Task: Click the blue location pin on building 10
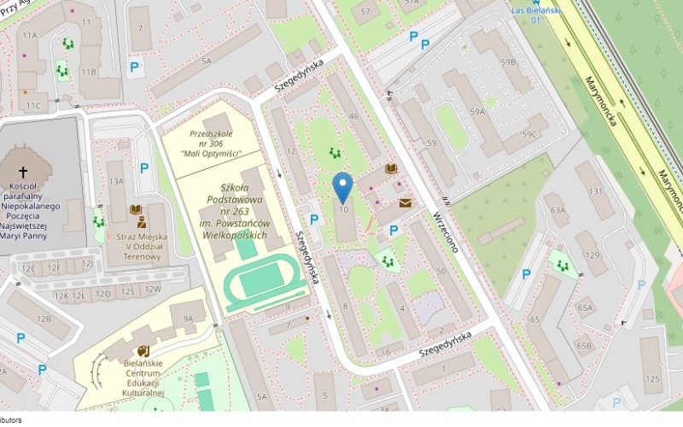point(342,186)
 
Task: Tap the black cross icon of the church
point(22,172)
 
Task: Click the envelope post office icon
point(404,203)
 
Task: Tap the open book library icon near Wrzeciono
point(391,170)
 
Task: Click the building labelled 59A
point(476,111)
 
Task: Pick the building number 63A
point(557,209)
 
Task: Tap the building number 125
point(652,377)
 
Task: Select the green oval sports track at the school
point(257,280)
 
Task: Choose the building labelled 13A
point(115,181)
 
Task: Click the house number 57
point(365,11)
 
